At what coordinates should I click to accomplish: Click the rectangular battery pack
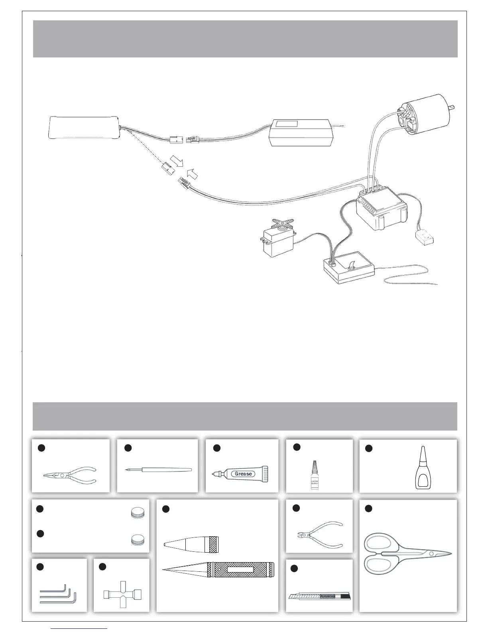tap(84, 128)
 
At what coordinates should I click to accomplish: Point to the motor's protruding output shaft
tap(452, 107)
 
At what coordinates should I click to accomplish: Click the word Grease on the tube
tap(243, 474)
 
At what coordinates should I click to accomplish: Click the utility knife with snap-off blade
tap(319, 597)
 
